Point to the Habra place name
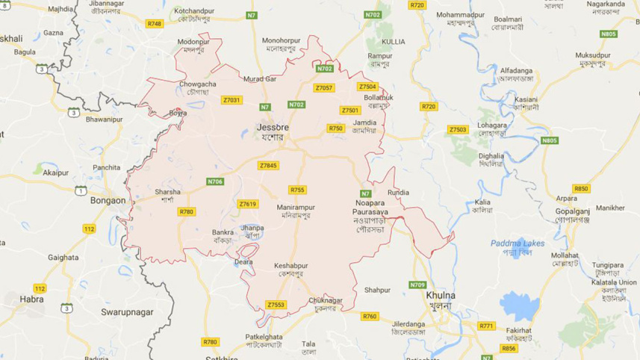click(x=31, y=299)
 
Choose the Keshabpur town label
click(x=291, y=266)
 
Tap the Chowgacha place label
click(x=197, y=84)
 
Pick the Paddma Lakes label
click(x=518, y=243)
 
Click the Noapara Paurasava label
click(x=373, y=208)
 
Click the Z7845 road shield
click(x=267, y=165)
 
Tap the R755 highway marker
click(x=297, y=190)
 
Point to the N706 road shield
click(x=215, y=181)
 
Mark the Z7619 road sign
click(x=248, y=204)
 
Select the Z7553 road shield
click(x=276, y=305)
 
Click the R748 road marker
click(x=155, y=24)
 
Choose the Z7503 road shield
click(x=458, y=130)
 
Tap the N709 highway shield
click(x=417, y=285)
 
